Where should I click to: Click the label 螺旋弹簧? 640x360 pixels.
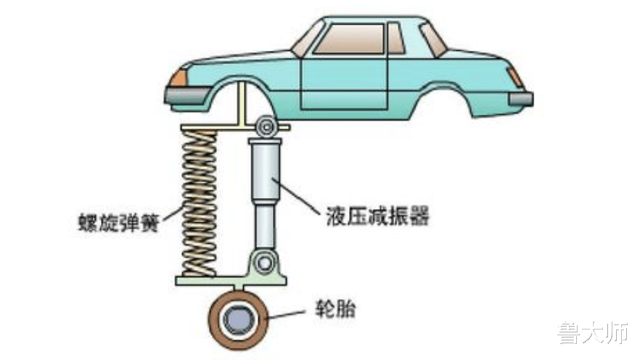120,218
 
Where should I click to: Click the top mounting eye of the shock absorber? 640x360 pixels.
265,128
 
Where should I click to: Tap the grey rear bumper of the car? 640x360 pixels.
520,97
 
